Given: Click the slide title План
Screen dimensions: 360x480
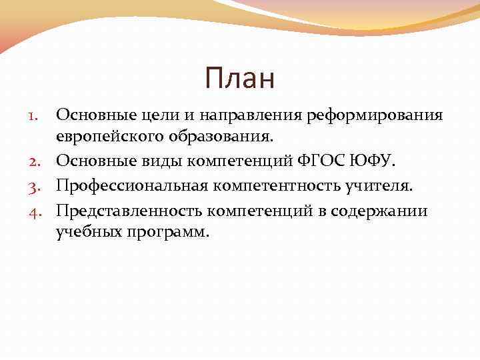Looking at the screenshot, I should point(240,79).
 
